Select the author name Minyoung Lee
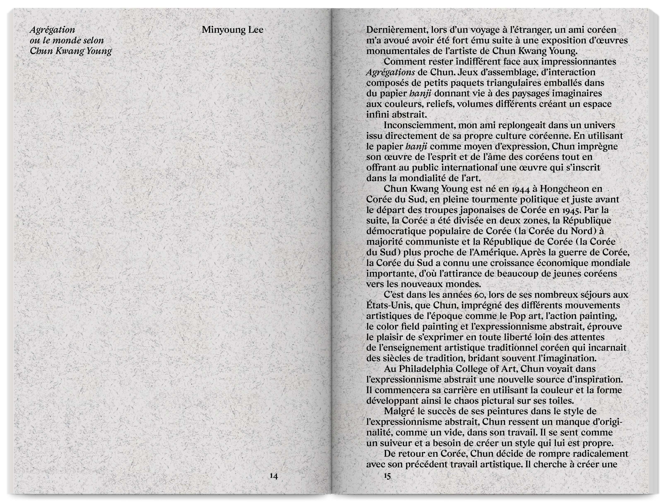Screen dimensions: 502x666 pyautogui.click(x=232, y=30)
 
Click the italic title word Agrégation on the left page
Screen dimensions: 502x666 pyautogui.click(x=52, y=30)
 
